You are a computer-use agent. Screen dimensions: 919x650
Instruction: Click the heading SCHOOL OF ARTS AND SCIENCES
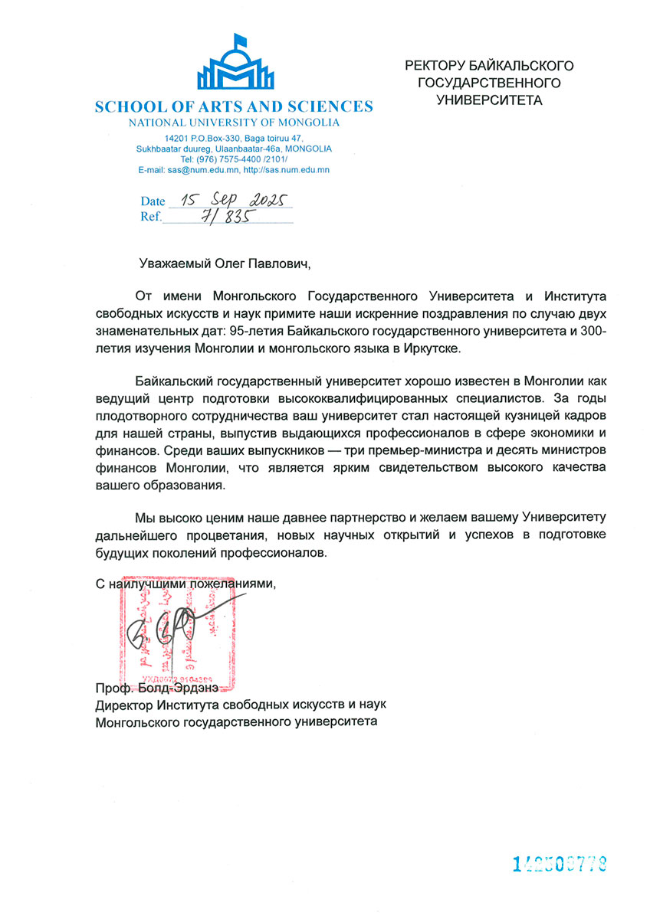point(234,106)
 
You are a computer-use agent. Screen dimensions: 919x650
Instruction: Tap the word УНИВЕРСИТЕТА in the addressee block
point(489,100)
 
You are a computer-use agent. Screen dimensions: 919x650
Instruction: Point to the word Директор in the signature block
point(123,704)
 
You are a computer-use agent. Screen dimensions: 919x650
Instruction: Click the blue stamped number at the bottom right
point(560,865)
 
